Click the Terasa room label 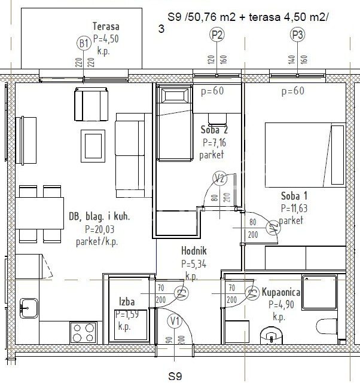[106, 26]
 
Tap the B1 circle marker [84, 44]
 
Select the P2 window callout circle [217, 35]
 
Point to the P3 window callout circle [297, 35]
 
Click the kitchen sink [29, 308]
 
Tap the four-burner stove [84, 333]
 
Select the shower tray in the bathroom [319, 292]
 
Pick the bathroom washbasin [271, 336]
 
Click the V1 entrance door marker [175, 321]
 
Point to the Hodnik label [194, 251]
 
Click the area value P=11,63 [294, 209]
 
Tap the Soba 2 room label [214, 130]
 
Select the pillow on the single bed [175, 95]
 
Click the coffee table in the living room [93, 146]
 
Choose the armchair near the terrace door [91, 104]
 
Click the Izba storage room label [127, 302]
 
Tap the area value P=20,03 [99, 229]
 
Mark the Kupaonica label [281, 292]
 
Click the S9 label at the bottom [175, 376]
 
